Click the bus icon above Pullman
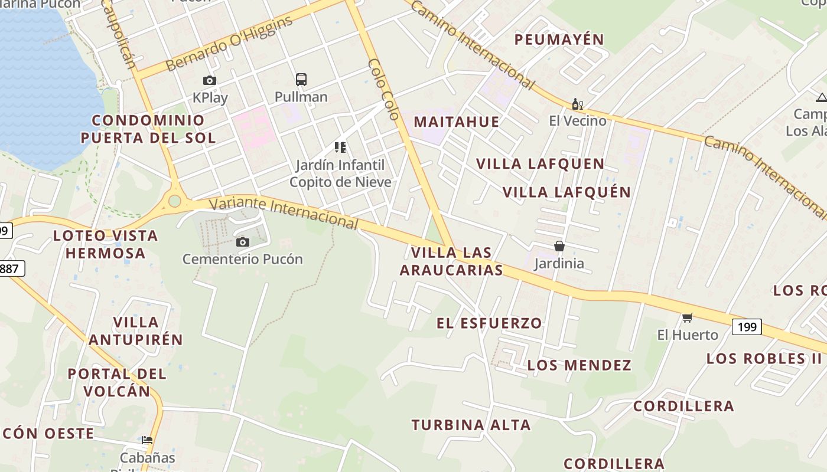[301, 79]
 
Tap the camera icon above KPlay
[209, 80]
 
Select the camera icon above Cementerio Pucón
[242, 242]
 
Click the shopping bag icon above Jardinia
[559, 246]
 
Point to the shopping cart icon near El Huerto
[687, 318]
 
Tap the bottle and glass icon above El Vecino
[577, 104]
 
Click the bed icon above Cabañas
[146, 440]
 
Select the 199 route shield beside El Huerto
[747, 326]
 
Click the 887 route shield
[11, 269]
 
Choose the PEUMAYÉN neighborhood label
[559, 40]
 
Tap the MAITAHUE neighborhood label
[456, 122]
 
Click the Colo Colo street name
[385, 88]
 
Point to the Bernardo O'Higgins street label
[230, 44]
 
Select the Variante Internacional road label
[284, 212]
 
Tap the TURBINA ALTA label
[471, 425]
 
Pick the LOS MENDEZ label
[579, 365]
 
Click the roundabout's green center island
[174, 201]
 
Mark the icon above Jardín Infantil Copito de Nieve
[340, 147]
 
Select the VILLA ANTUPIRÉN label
[136, 331]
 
